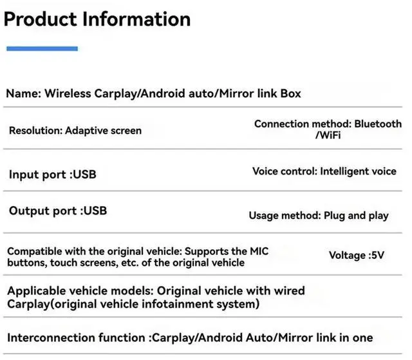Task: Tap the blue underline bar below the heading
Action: point(42,48)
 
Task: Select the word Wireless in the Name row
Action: point(70,93)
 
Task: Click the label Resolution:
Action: point(35,130)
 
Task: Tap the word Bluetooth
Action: point(378,124)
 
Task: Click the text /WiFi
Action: point(328,136)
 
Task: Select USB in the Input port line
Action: point(85,175)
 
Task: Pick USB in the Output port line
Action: point(95,211)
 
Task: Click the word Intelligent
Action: point(344,171)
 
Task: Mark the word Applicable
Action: point(36,291)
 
